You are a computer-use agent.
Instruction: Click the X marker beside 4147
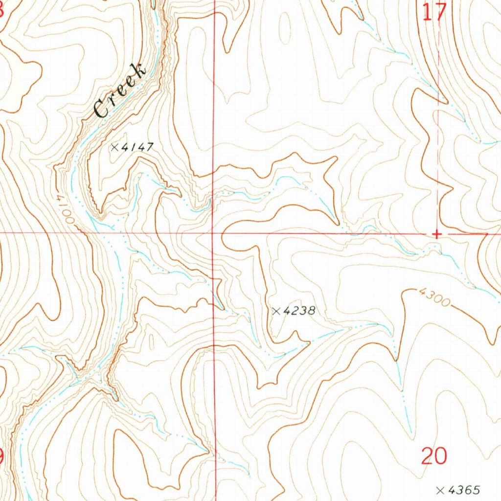pyautogui.click(x=115, y=147)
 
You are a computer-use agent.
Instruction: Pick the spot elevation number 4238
pyautogui.click(x=299, y=311)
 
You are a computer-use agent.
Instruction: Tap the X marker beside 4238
pyautogui.click(x=276, y=311)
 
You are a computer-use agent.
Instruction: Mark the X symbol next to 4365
pyautogui.click(x=440, y=490)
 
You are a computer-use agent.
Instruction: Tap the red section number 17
pyautogui.click(x=434, y=12)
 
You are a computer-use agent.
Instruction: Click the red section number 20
pyautogui.click(x=434, y=456)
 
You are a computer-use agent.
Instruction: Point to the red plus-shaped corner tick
pyautogui.click(x=437, y=234)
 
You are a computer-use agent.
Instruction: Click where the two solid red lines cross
pyautogui.click(x=213, y=233)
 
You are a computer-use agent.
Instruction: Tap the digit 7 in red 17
pyautogui.click(x=440, y=12)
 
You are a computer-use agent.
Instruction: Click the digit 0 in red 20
pyautogui.click(x=440, y=456)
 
